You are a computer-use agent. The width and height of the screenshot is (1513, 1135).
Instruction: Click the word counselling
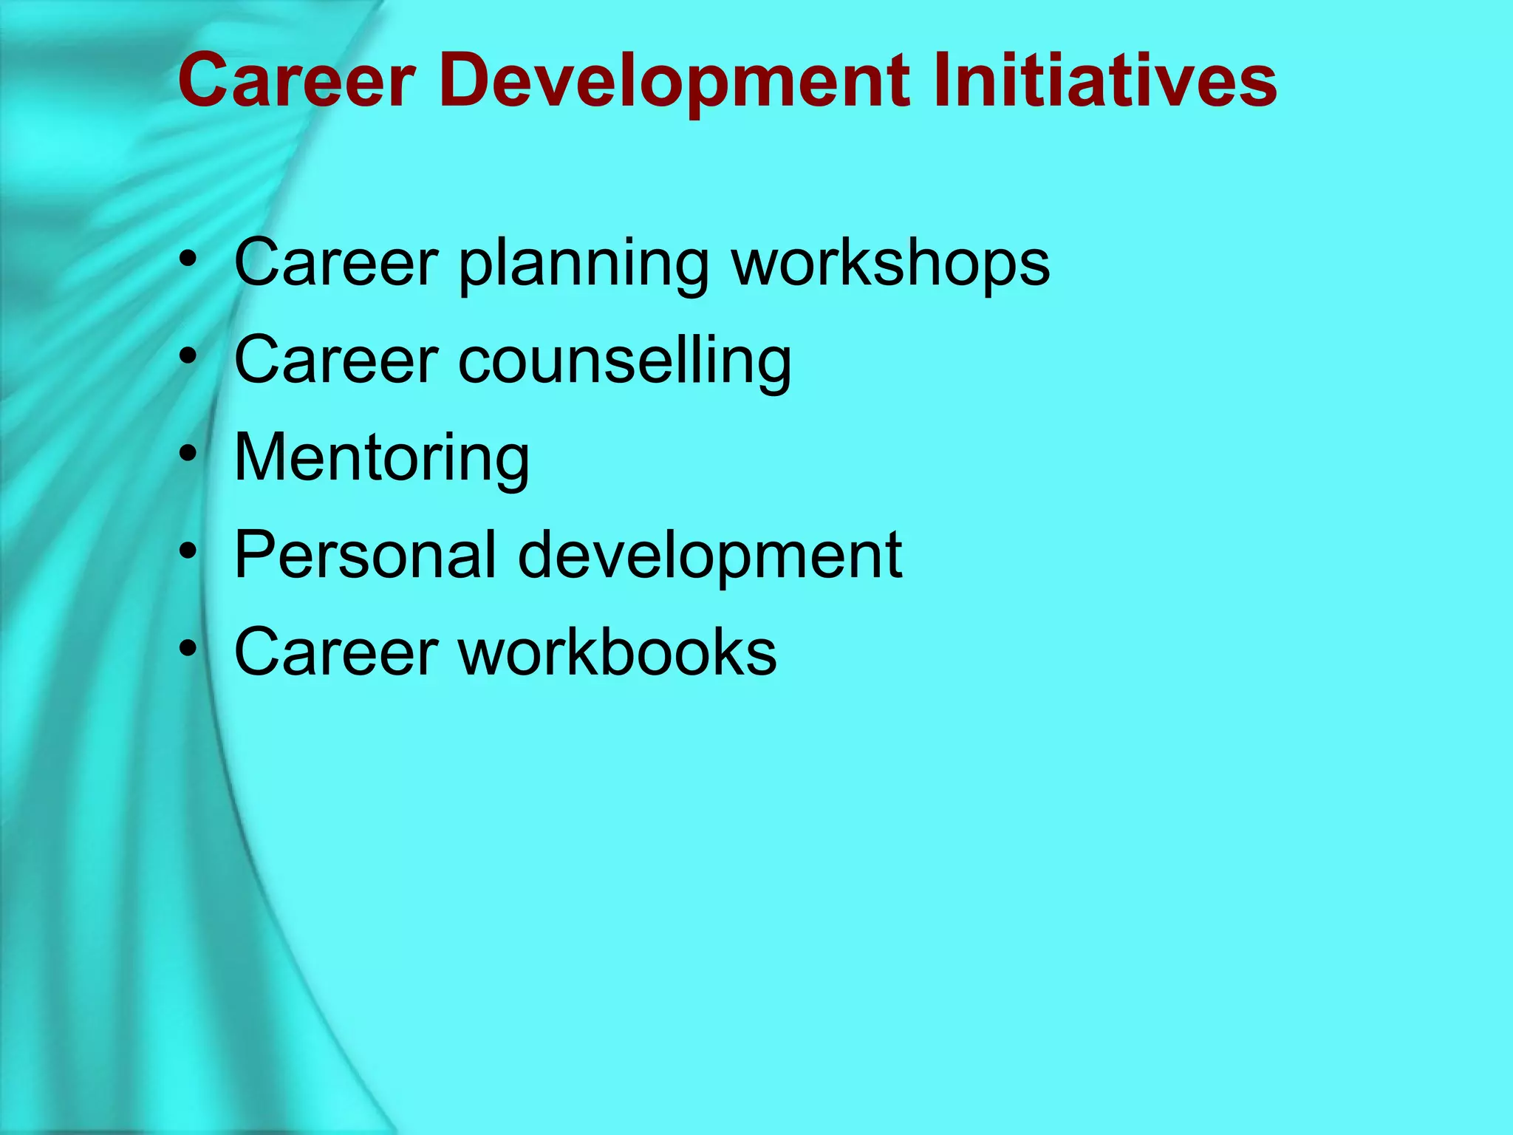pyautogui.click(x=625, y=360)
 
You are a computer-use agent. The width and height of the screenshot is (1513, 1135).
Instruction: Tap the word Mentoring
pyautogui.click(x=382, y=457)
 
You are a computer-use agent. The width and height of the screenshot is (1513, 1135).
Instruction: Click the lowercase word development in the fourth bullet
pyautogui.click(x=709, y=556)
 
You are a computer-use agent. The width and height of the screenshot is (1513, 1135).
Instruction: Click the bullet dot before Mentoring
pyautogui.click(x=188, y=452)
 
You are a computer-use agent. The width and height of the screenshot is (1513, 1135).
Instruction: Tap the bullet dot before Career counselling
pyautogui.click(x=188, y=355)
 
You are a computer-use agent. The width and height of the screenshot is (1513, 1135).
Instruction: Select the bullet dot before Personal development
pyautogui.click(x=188, y=550)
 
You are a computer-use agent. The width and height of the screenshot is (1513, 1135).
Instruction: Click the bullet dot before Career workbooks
pyautogui.click(x=188, y=647)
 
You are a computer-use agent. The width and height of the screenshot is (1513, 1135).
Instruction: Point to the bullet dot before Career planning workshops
pyautogui.click(x=188, y=258)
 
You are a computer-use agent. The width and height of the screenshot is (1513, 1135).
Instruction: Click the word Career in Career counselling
pyautogui.click(x=337, y=360)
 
